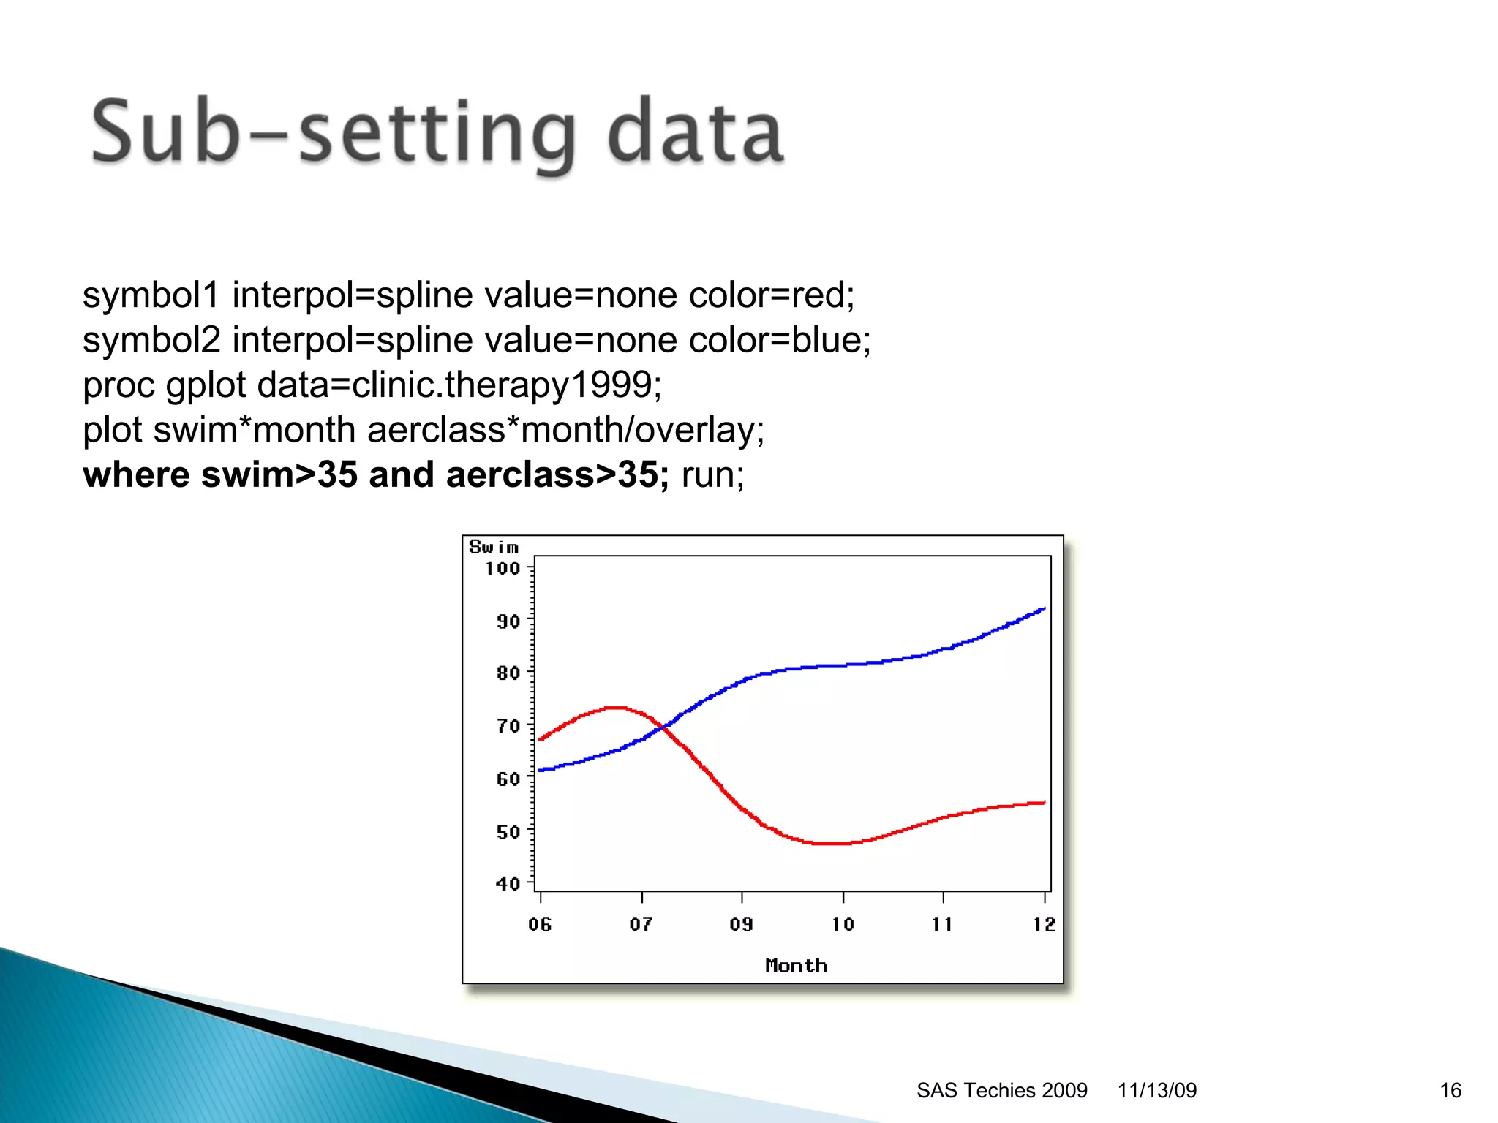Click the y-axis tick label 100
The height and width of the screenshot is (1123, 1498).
coord(503,568)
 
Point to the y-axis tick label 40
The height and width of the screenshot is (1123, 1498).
coord(508,883)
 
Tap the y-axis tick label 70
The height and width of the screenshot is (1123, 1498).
coord(508,726)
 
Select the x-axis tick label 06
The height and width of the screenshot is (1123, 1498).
coord(540,924)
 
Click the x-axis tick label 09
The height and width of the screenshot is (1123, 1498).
coord(741,924)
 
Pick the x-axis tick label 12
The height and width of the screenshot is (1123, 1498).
coord(1044,924)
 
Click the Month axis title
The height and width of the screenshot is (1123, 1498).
coord(796,965)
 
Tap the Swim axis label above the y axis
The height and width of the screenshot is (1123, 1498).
coord(494,547)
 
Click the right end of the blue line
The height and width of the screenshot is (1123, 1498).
coord(1043,608)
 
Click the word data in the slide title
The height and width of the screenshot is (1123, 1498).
coord(695,133)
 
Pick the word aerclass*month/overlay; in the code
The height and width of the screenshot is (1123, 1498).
coord(565,430)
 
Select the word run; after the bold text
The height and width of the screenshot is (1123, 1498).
coord(712,474)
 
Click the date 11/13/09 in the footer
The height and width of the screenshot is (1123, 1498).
coord(1156,1090)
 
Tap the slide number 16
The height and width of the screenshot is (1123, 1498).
coord(1450,1090)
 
